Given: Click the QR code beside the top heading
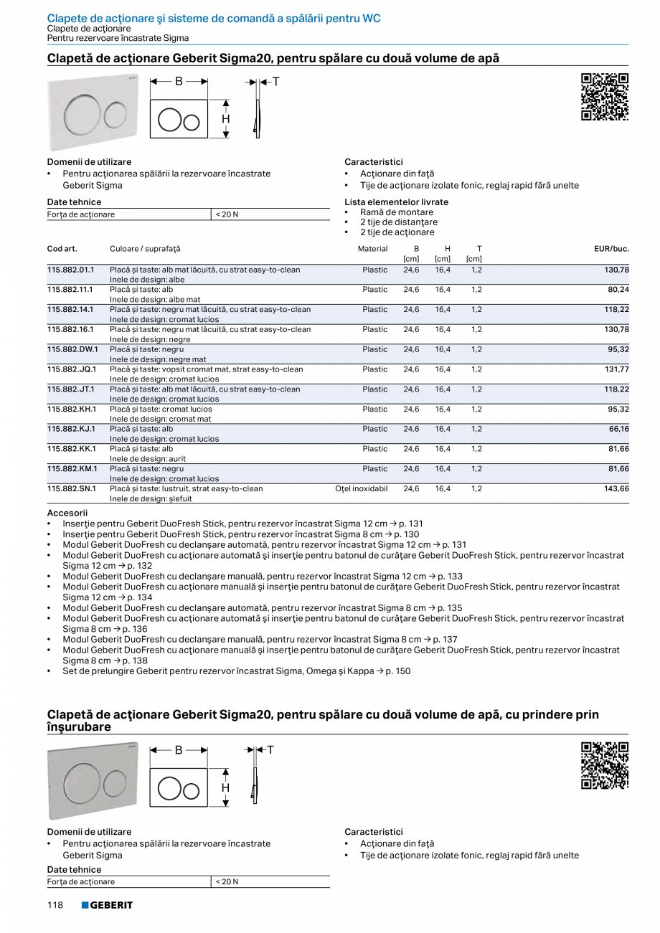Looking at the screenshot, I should point(604,97).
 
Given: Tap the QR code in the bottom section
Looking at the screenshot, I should point(604,765).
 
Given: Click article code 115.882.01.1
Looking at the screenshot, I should point(71,270).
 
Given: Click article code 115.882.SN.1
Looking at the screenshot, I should point(71,488).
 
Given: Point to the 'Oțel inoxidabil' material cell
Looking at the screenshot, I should point(362,488).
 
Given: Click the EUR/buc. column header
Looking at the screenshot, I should point(611,249).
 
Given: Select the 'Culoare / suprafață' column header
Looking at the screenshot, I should point(145,249).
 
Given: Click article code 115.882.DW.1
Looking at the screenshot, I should point(72,349).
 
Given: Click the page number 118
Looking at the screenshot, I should point(56,905).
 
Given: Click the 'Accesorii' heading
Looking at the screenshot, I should point(67,513).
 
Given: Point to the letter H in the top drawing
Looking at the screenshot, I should point(225,119).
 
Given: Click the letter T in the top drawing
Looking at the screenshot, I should point(275,82).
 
